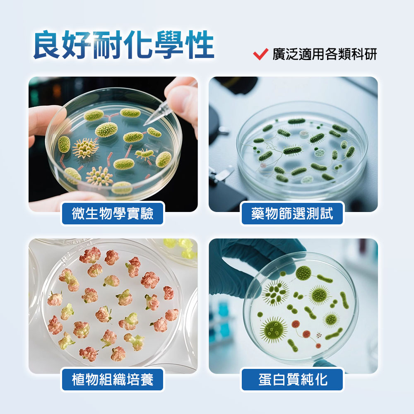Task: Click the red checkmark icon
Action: (x=260, y=54)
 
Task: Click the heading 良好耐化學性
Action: (x=123, y=45)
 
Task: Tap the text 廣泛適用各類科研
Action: (x=325, y=54)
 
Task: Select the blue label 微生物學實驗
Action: (x=113, y=214)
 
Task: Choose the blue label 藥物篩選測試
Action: (x=292, y=214)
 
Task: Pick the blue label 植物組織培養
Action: (x=113, y=379)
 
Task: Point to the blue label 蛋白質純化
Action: (x=292, y=379)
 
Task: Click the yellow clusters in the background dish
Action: (x=181, y=248)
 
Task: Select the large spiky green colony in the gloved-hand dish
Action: (x=274, y=330)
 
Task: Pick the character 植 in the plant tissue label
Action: (x=78, y=379)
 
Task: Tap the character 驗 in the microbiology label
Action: (x=147, y=214)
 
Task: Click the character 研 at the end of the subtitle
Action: (x=371, y=54)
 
